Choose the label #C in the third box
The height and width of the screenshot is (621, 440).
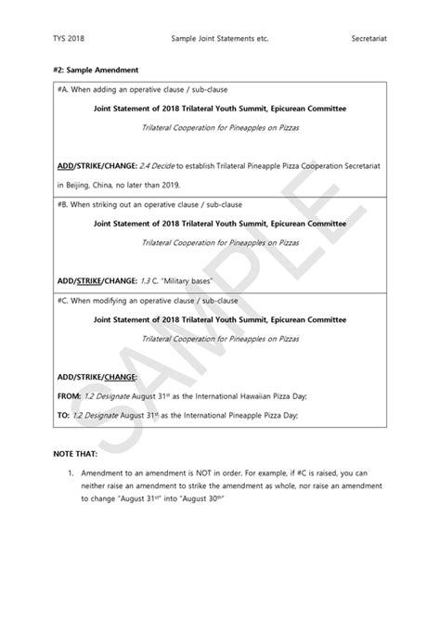pos(62,301)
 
